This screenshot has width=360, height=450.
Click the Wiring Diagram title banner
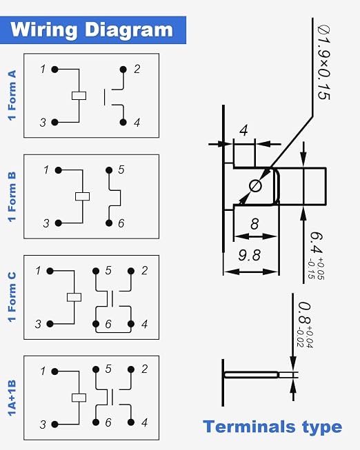coord(93,30)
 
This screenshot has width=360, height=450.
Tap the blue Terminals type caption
coord(272,427)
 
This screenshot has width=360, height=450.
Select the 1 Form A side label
coord(12,95)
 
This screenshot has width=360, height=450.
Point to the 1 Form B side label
coord(12,197)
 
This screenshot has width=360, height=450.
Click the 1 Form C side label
coord(12,297)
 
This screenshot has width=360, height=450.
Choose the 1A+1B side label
coord(12,398)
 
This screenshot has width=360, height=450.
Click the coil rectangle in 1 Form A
coord(79,96)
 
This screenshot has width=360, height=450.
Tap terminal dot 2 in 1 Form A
coord(123,69)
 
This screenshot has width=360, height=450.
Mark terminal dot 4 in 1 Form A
coord(123,122)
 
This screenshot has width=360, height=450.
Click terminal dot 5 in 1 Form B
coord(109,170)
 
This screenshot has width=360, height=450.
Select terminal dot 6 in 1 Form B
coord(109,223)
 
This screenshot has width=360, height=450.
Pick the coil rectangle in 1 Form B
coord(83,196)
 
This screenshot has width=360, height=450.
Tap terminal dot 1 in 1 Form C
coord(50,271)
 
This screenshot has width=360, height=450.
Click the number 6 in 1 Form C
coord(108,324)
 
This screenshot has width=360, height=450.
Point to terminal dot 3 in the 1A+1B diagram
coord(54,425)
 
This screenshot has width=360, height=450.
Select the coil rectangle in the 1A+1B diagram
coord(79,398)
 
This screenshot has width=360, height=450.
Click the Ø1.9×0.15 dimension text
coord(324,62)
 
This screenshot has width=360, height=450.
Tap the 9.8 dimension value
coord(250,255)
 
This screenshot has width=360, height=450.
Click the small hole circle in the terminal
coord(255,186)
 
